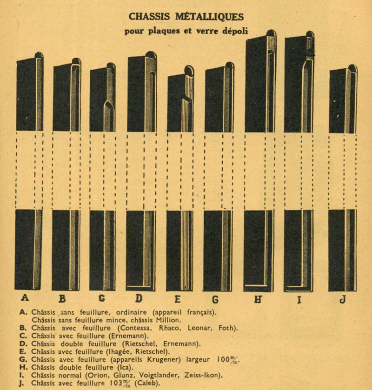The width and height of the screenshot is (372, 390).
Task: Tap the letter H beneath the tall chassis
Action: (x=258, y=299)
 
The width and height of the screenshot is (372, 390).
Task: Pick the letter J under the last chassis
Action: (x=342, y=299)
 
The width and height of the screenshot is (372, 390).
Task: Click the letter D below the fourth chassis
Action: (x=139, y=299)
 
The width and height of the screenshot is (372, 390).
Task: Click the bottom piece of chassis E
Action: (x=179, y=251)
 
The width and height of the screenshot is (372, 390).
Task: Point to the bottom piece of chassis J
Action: (x=342, y=251)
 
